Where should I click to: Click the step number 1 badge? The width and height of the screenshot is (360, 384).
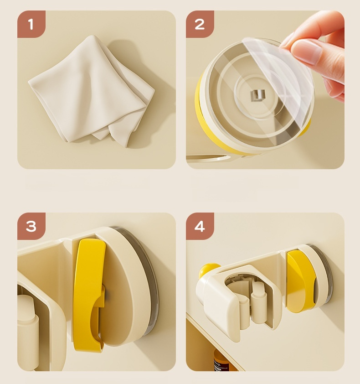[31, 24]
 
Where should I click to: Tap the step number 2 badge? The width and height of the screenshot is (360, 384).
[200, 24]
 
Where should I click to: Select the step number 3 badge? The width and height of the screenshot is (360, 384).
[31, 226]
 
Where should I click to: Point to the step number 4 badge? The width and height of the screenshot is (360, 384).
[200, 226]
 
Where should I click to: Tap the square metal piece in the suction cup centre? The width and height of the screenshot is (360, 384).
[259, 95]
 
